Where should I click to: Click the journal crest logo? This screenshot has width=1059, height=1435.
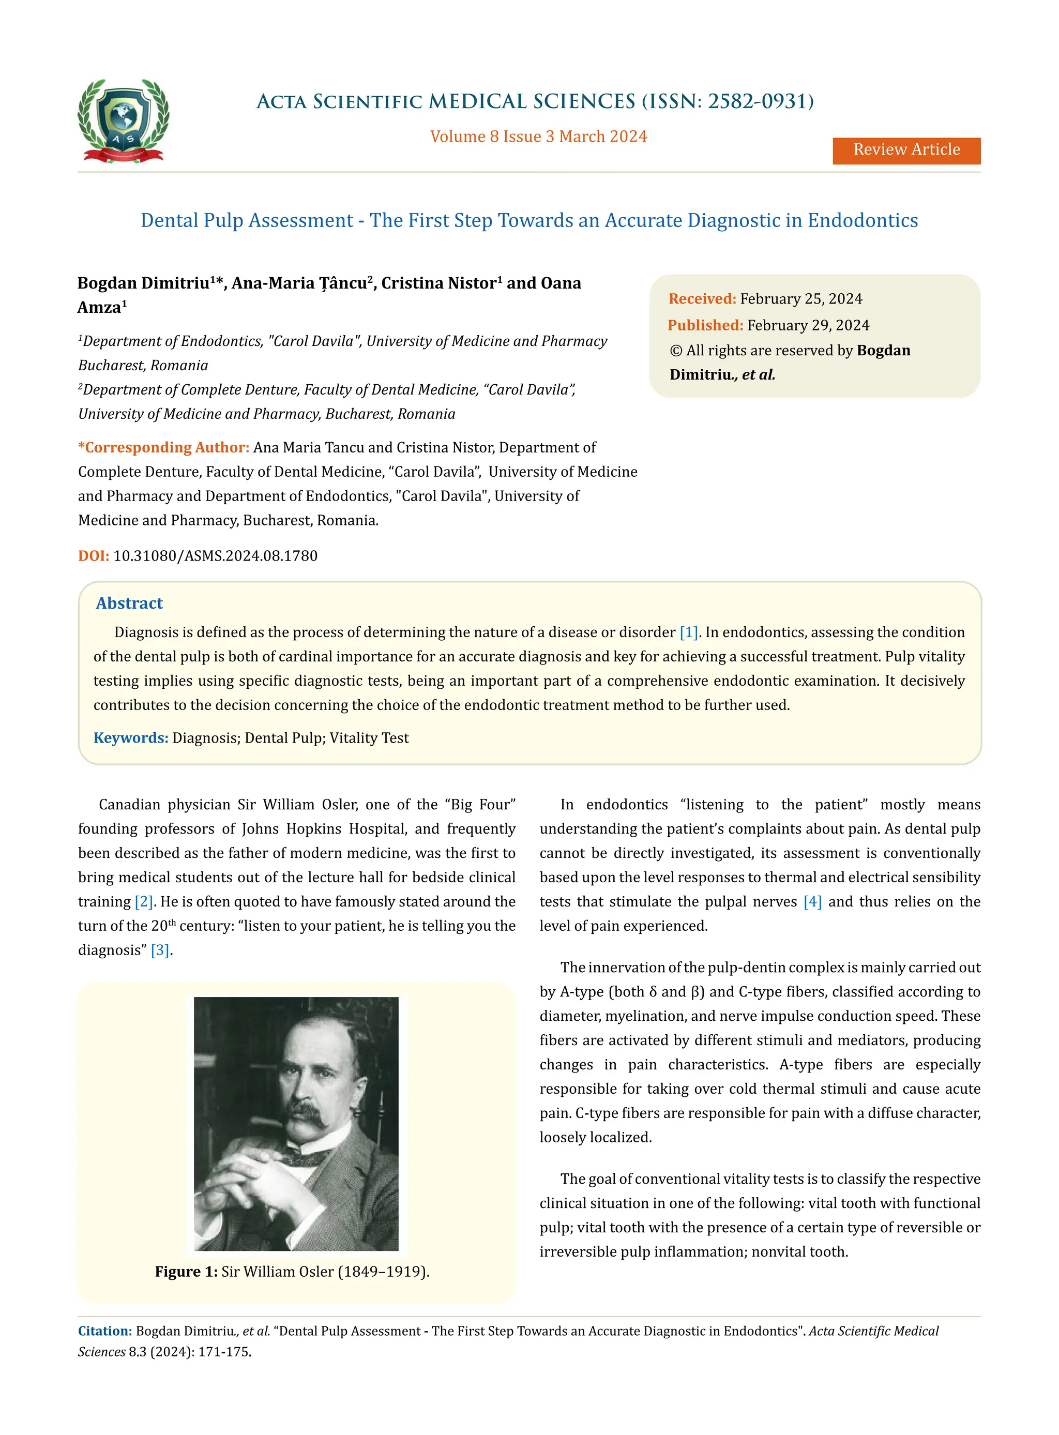coord(123,120)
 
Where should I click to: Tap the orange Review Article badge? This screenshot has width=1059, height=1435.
coord(906,150)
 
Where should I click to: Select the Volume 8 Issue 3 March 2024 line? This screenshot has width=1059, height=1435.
coord(538,137)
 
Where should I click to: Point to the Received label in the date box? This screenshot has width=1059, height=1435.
coord(701,299)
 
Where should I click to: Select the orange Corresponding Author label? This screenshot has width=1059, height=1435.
coord(163,447)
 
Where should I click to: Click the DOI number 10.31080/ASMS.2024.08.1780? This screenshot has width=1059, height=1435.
coord(216,556)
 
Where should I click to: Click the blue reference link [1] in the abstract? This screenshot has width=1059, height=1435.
coord(688,632)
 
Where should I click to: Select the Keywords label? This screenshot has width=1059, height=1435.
coord(131,738)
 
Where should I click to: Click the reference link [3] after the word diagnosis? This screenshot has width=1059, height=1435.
coord(160,950)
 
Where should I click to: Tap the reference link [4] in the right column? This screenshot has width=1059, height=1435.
coord(812,901)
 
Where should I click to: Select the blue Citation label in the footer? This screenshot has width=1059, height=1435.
coord(104,1331)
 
